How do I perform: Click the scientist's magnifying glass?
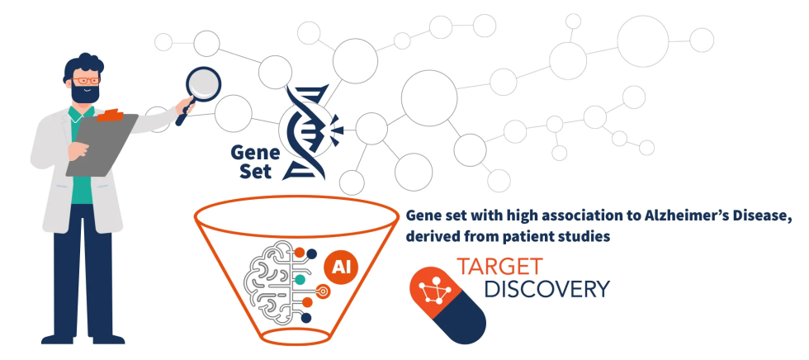[203, 83]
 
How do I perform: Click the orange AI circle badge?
[338, 267]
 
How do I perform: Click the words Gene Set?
[252, 161]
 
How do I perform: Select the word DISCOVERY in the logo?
[546, 290]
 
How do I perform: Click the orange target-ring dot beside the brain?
[322, 291]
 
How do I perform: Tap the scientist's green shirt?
[83, 186]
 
